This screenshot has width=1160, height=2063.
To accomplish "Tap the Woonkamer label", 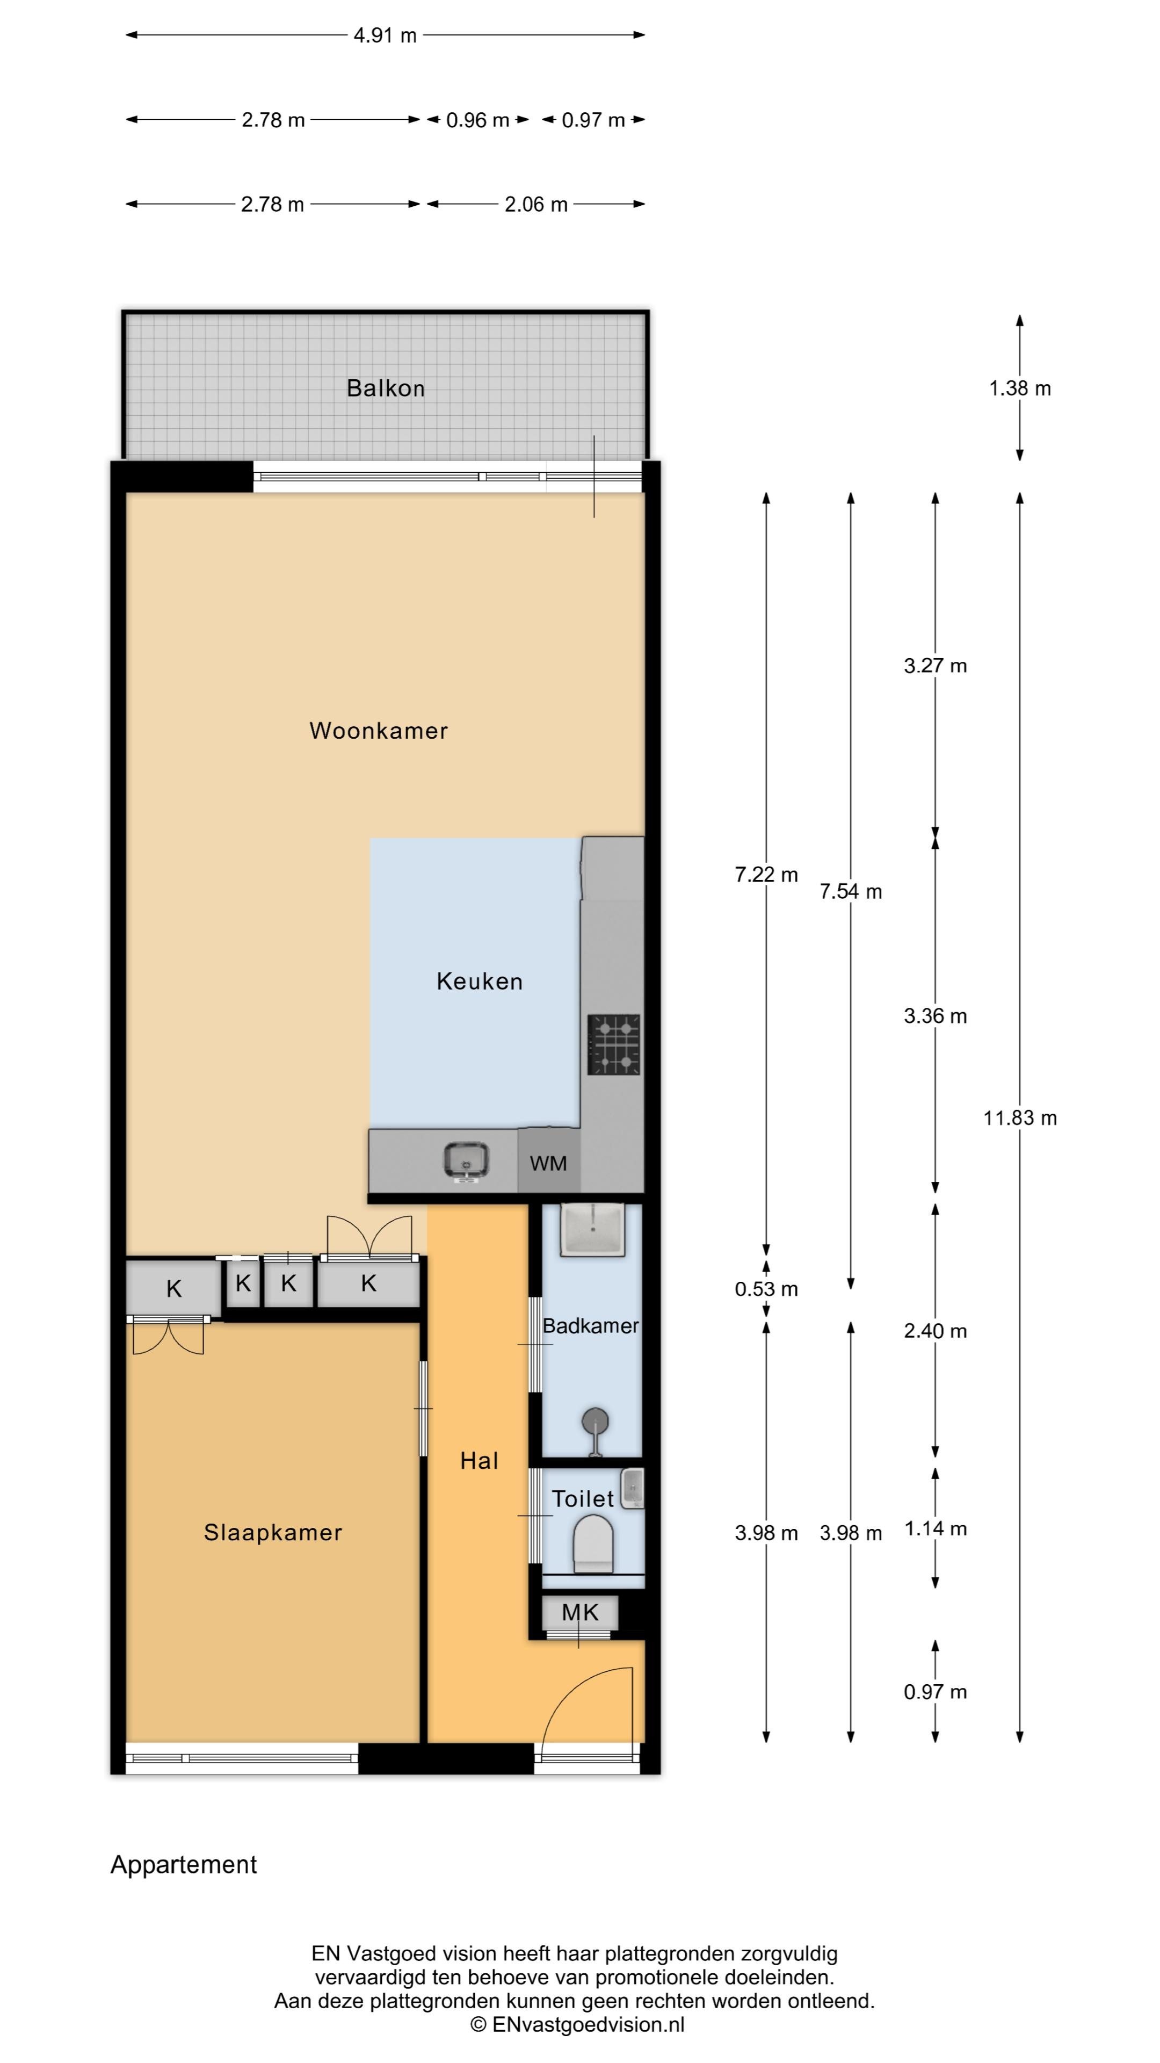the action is (x=379, y=731).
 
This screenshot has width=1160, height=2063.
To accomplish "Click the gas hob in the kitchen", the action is (x=614, y=1044).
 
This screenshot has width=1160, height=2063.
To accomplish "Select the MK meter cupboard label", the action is (x=579, y=1612).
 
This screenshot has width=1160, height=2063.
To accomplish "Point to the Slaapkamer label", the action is (x=273, y=1532).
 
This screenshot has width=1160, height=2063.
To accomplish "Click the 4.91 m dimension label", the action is (x=385, y=35).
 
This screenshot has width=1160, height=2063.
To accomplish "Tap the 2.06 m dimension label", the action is (x=535, y=204).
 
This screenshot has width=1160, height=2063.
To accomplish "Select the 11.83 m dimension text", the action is (x=1020, y=1118).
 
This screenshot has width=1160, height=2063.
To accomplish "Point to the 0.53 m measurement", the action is (x=766, y=1289).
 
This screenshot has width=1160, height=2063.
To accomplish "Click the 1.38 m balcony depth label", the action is (x=1020, y=388).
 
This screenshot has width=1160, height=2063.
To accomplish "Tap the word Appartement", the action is (x=183, y=1865).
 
